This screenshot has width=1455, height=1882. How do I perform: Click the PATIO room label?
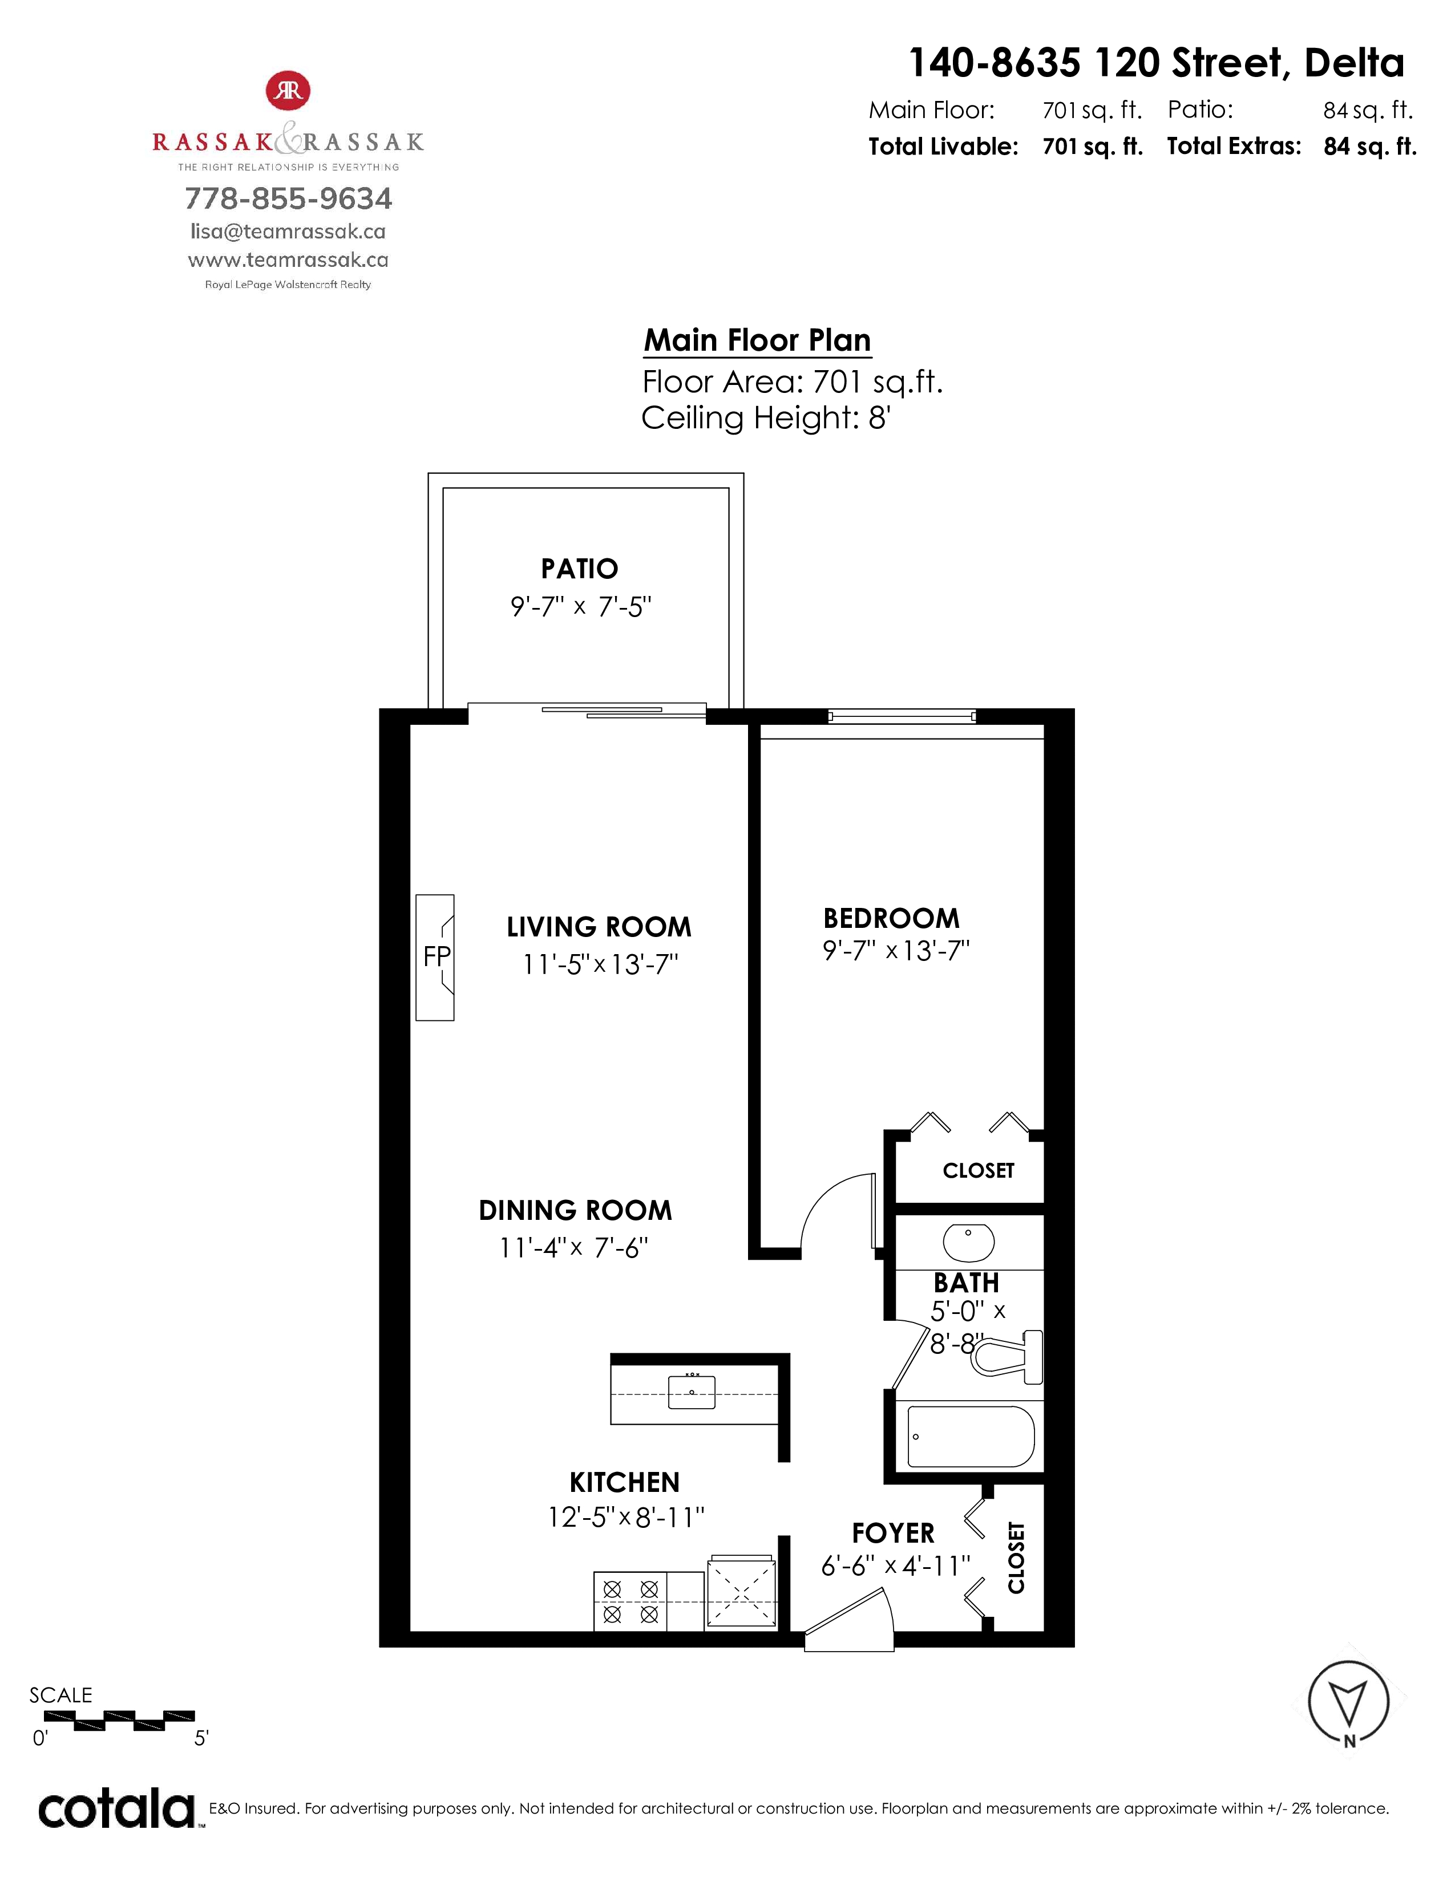(x=579, y=569)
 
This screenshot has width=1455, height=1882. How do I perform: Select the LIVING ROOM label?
(x=599, y=927)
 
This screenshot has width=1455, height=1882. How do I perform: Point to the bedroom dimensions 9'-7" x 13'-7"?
(x=896, y=951)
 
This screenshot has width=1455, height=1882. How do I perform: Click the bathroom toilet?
(x=1007, y=1357)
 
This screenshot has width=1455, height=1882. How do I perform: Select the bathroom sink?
(x=969, y=1242)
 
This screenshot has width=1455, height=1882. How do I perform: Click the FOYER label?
(x=893, y=1533)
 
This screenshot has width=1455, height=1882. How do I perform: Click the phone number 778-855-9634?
(x=289, y=199)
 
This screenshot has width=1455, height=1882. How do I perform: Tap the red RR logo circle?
(x=288, y=91)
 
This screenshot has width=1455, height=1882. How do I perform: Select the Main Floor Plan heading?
(x=758, y=340)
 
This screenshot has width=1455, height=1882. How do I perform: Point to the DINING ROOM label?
(x=575, y=1211)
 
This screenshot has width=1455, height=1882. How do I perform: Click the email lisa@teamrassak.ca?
(x=288, y=232)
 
